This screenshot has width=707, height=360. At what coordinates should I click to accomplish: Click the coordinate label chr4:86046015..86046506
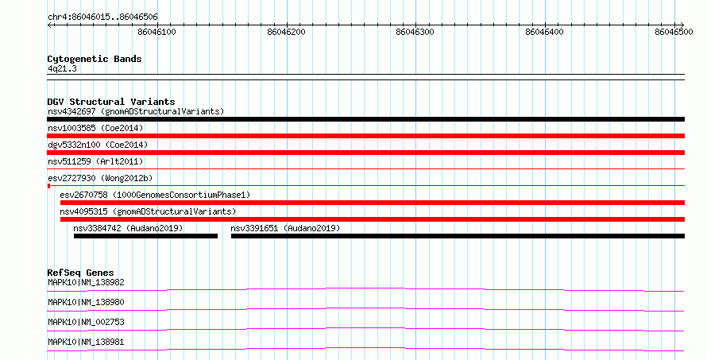click(102, 17)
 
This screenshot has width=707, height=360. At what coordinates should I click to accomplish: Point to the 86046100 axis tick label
click(157, 32)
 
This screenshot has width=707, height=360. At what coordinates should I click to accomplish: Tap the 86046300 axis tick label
click(415, 32)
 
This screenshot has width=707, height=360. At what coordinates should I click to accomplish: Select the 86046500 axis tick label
click(674, 32)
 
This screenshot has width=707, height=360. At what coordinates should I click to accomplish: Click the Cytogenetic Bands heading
click(95, 59)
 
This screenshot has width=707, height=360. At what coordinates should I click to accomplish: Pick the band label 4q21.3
click(62, 68)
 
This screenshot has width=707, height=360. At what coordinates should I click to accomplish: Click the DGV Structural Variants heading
click(111, 102)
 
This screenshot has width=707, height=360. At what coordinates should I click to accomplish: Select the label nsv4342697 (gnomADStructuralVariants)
click(136, 111)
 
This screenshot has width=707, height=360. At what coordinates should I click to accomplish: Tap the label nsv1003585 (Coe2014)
click(95, 128)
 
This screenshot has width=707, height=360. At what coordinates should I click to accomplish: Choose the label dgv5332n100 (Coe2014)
click(98, 145)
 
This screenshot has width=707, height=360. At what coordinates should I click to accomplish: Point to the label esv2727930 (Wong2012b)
click(100, 178)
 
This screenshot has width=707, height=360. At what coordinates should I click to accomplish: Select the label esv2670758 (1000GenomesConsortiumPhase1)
click(155, 195)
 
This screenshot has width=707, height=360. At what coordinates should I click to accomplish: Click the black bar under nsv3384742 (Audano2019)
click(145, 236)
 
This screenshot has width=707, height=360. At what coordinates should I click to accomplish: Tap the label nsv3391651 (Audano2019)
click(285, 228)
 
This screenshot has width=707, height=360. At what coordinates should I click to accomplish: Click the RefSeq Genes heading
click(80, 273)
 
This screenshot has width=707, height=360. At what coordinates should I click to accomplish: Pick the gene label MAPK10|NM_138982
click(86, 282)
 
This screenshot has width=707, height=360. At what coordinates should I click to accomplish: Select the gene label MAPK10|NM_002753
click(86, 322)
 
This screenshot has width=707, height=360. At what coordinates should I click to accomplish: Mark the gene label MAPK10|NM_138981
click(86, 342)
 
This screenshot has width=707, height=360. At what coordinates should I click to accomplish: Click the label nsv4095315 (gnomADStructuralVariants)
click(148, 211)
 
